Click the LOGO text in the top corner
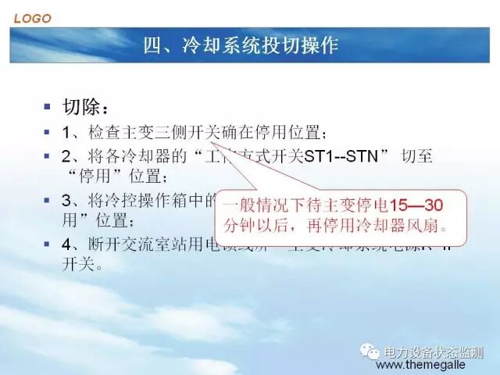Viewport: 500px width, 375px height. (x=32, y=16)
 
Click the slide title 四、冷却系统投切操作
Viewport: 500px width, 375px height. (x=241, y=45)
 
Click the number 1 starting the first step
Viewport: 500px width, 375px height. (x=67, y=130)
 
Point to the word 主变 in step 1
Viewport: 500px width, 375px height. (x=140, y=131)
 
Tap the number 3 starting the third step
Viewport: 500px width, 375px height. (x=67, y=200)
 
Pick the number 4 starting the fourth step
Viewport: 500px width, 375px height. (x=67, y=245)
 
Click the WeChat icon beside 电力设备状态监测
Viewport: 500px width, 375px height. (x=368, y=352)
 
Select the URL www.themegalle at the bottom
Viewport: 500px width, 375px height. (x=432, y=366)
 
